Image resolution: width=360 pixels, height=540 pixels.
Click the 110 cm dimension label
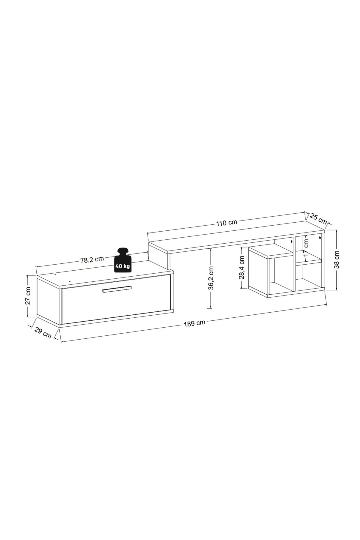tap(226, 223)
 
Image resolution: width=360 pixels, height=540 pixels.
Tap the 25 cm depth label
tap(318, 218)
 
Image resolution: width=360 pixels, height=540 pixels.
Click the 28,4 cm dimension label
tap(242, 268)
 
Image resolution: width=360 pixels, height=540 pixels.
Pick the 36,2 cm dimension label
tap(211, 277)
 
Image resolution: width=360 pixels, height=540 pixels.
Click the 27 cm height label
tap(28, 296)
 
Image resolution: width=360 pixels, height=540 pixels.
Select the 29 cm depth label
tap(43, 333)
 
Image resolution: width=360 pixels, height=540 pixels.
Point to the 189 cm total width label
tap(195, 323)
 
